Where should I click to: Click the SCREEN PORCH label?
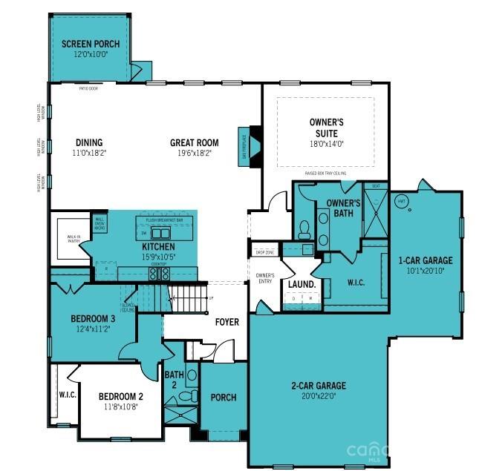point(91,44)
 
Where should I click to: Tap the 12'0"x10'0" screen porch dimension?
point(91,54)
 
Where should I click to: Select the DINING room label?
point(89,142)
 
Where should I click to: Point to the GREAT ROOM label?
point(194,142)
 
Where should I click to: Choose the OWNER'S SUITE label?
point(326,128)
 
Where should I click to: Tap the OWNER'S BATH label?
point(344,208)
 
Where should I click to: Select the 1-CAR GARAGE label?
point(426,260)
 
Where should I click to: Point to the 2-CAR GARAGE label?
point(318,385)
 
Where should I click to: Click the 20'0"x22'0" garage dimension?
point(318,395)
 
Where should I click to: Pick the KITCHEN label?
point(158,246)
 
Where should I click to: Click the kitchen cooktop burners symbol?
point(159,273)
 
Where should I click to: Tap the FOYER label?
point(227,322)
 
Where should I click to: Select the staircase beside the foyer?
point(189,300)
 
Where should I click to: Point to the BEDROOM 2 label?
point(120,396)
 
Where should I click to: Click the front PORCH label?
point(223,398)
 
